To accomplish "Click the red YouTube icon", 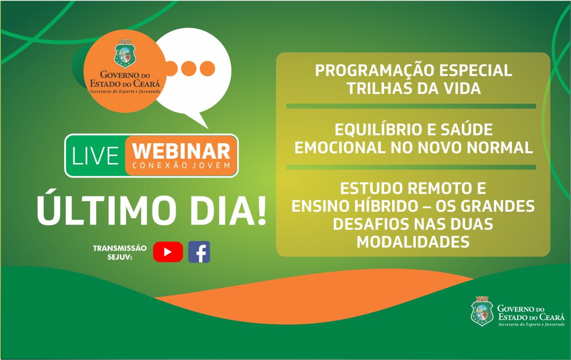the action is click(x=168, y=252).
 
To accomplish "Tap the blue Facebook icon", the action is click(x=199, y=252).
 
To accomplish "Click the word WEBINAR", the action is click(x=181, y=151).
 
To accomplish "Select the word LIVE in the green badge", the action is click(x=95, y=156).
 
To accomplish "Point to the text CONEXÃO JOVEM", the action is click(x=181, y=166).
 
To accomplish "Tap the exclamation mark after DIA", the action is click(x=261, y=211).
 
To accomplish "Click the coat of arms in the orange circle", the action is click(x=125, y=54).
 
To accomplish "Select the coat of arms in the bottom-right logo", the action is click(x=482, y=311).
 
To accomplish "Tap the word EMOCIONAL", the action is click(x=340, y=148).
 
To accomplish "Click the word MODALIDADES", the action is click(x=413, y=242).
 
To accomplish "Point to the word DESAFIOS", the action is click(x=371, y=224).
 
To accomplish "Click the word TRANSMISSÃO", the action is click(x=120, y=248).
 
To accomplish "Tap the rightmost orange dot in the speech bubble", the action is click(x=207, y=69).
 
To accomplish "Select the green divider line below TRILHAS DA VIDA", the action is click(x=411, y=106).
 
